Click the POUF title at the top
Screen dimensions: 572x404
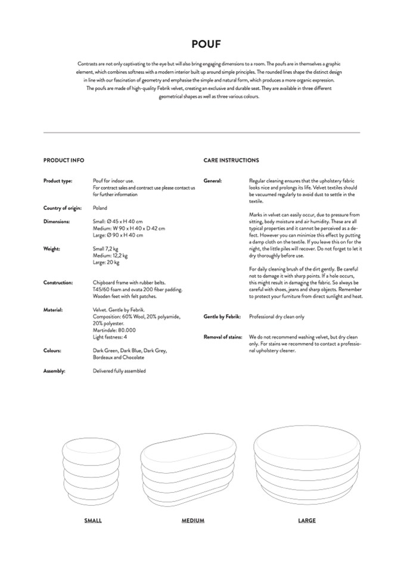point(202,44)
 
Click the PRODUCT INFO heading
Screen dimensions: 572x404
point(64,160)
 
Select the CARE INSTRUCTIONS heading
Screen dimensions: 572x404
point(231,160)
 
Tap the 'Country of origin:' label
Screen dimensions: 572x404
point(62,208)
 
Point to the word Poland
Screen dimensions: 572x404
point(100,208)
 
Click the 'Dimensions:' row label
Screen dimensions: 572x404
point(57,221)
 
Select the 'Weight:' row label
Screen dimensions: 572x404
point(52,248)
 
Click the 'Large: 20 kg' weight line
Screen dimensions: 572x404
point(106,262)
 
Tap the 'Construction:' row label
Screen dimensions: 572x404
point(58,282)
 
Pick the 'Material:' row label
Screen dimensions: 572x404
point(54,310)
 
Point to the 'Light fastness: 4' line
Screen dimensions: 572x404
point(110,336)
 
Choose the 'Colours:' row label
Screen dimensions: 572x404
point(53,350)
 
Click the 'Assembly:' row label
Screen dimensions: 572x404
point(54,370)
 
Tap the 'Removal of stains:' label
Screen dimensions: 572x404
point(223,337)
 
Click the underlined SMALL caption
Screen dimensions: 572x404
point(93,521)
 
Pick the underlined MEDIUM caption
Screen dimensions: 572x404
point(193,521)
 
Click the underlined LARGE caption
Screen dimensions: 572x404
point(307,521)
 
